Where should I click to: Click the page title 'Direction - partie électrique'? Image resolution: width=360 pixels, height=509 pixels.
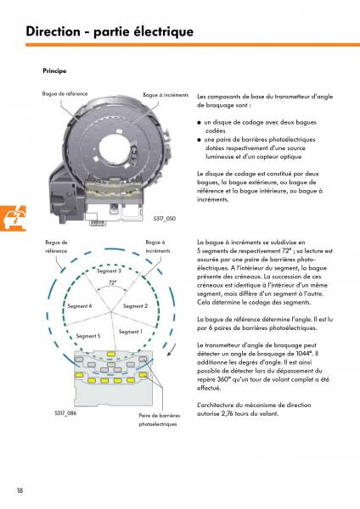[110, 31]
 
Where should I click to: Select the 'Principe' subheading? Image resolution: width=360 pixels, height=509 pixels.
[54, 70]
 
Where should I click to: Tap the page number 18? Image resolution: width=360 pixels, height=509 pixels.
[20, 490]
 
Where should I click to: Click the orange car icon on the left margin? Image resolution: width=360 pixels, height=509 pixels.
[13, 218]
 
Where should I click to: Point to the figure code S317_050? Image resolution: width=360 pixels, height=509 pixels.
[165, 219]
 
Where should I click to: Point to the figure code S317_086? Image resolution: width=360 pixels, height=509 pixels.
[65, 413]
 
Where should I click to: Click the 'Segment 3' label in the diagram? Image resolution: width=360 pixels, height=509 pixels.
[110, 271]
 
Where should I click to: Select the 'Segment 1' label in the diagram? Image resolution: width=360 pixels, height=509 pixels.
[131, 332]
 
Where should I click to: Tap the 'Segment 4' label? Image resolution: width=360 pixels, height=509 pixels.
[80, 305]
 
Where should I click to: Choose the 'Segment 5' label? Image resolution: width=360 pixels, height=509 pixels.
[88, 336]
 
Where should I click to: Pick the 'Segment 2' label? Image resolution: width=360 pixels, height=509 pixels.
[136, 305]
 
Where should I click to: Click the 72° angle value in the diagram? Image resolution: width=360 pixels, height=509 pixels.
[112, 282]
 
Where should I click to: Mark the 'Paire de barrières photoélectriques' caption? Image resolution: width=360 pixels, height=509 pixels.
[160, 420]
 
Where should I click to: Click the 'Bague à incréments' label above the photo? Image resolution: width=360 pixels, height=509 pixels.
[166, 95]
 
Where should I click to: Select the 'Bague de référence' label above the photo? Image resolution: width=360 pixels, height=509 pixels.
[65, 93]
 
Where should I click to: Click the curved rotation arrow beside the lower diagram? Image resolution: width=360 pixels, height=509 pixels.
[172, 350]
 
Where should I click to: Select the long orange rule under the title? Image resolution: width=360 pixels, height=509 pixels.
[193, 45]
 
